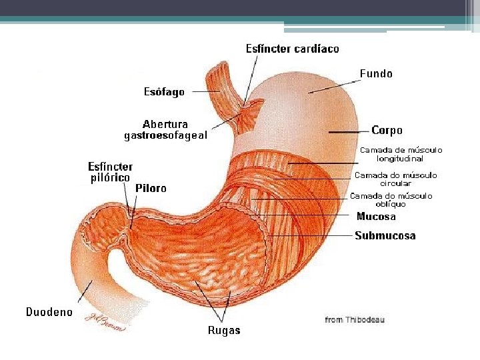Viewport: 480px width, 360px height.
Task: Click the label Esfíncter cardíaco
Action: (292, 49)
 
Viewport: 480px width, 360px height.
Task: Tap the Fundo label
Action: (376, 73)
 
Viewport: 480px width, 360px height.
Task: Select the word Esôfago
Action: (164, 92)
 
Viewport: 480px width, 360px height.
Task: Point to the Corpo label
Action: (387, 131)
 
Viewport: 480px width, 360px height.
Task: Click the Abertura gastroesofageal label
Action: (166, 130)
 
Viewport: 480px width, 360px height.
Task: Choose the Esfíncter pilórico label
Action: (111, 172)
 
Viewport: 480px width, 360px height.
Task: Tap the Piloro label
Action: (151, 189)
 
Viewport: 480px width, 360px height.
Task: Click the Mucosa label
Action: (376, 216)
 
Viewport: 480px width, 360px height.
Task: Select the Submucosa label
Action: (385, 235)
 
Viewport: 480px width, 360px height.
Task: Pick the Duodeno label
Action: (49, 312)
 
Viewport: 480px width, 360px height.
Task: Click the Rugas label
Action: (224, 330)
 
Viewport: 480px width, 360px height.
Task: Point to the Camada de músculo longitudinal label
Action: (401, 155)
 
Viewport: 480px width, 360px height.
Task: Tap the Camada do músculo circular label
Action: (395, 179)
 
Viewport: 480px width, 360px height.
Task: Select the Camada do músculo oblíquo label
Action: (391, 200)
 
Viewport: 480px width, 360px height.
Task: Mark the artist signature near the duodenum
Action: (107, 322)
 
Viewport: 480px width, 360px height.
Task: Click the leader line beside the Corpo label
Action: (349, 132)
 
